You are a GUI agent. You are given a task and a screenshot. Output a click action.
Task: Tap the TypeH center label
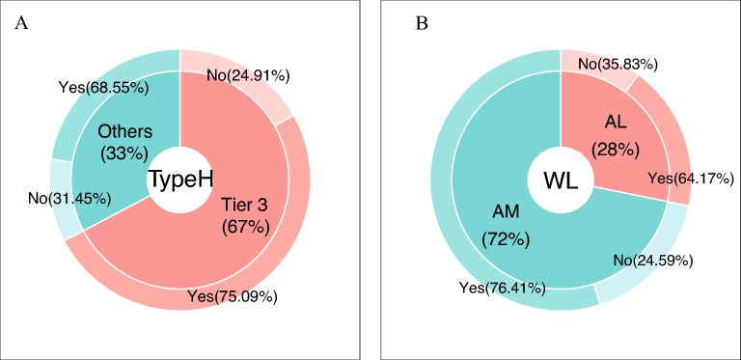180,180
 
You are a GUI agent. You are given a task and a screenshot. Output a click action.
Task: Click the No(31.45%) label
55,200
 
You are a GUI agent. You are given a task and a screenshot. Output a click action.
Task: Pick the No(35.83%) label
618,64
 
